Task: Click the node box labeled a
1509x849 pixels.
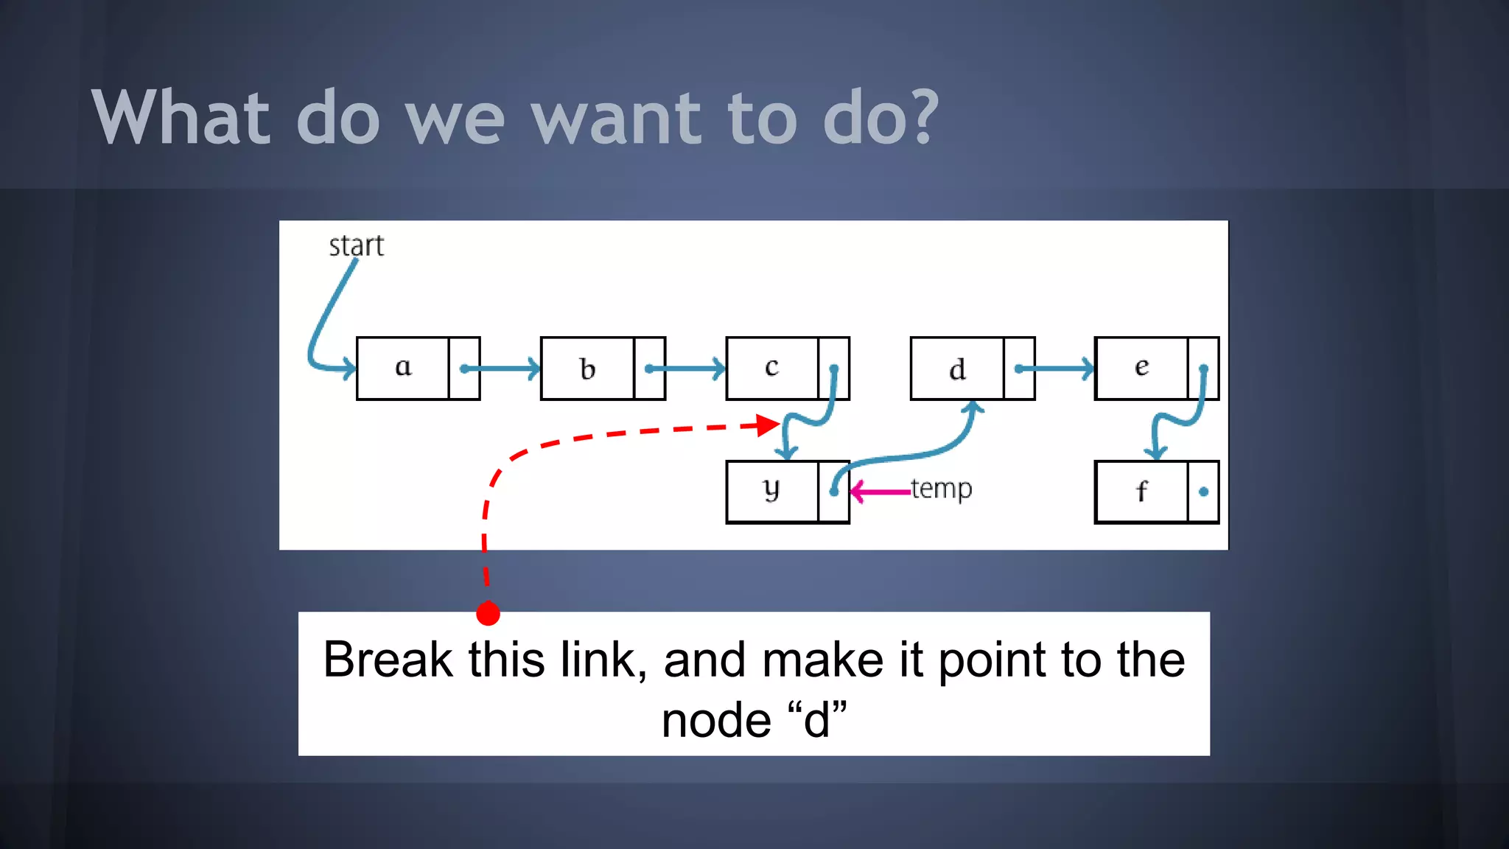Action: coord(403,368)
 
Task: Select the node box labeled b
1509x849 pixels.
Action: coord(587,368)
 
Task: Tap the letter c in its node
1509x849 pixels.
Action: coord(771,366)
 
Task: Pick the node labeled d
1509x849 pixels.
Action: coord(957,368)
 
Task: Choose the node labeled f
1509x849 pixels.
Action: coord(1141,492)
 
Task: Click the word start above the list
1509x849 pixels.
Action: coord(357,246)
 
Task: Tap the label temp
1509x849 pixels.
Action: coord(942,489)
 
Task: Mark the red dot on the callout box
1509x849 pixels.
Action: coord(488,613)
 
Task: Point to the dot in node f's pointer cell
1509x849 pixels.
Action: coord(1203,492)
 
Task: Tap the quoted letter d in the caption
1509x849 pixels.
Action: coord(816,721)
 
